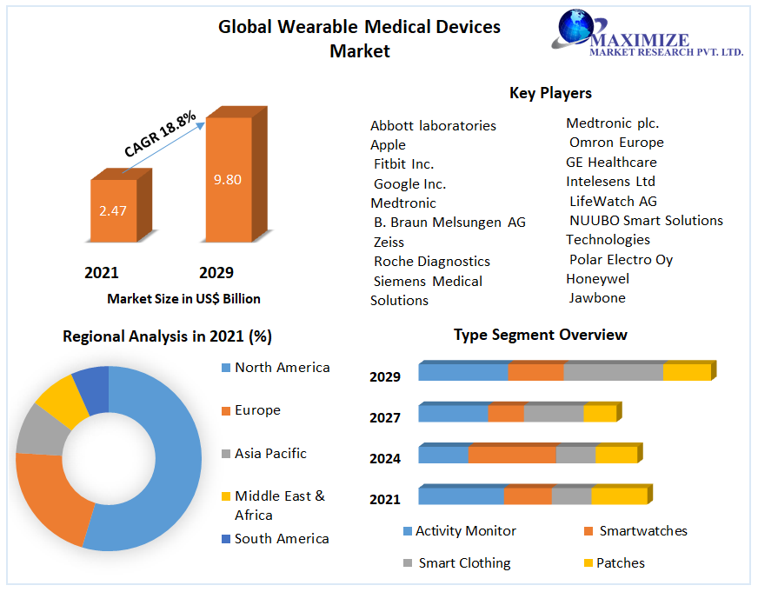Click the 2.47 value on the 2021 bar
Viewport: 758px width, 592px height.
(113, 210)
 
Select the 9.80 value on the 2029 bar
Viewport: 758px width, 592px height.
(228, 180)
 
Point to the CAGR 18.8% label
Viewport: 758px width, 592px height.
(161, 134)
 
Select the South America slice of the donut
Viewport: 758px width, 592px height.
(91, 389)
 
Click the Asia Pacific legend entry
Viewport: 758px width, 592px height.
(269, 454)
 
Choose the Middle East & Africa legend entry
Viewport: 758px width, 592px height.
(278, 505)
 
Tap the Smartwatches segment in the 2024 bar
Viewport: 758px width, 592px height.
(512, 455)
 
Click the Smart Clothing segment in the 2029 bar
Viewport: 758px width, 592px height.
(613, 372)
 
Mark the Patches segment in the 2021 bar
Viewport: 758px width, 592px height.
(619, 496)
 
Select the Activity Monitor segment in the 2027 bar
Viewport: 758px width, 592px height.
(453, 414)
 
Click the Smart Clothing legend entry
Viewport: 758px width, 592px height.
(464, 563)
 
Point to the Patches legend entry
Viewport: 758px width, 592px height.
(620, 563)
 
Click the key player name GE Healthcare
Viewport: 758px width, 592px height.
(611, 163)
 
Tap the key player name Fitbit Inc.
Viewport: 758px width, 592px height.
(403, 164)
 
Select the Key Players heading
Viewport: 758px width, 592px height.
(550, 93)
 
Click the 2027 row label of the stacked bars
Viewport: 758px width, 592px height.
(385, 418)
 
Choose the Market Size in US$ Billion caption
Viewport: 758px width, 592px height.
(183, 299)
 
